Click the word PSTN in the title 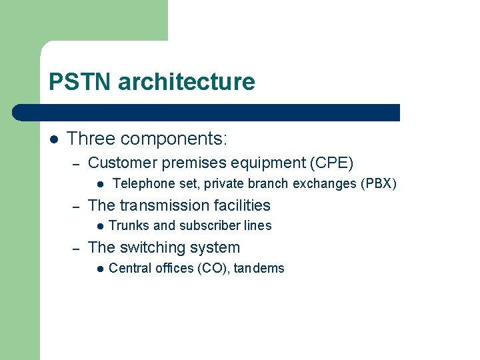coord(81,82)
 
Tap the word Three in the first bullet coord(90,139)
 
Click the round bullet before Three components coord(53,139)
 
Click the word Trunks coord(129,226)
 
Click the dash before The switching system coord(76,248)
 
